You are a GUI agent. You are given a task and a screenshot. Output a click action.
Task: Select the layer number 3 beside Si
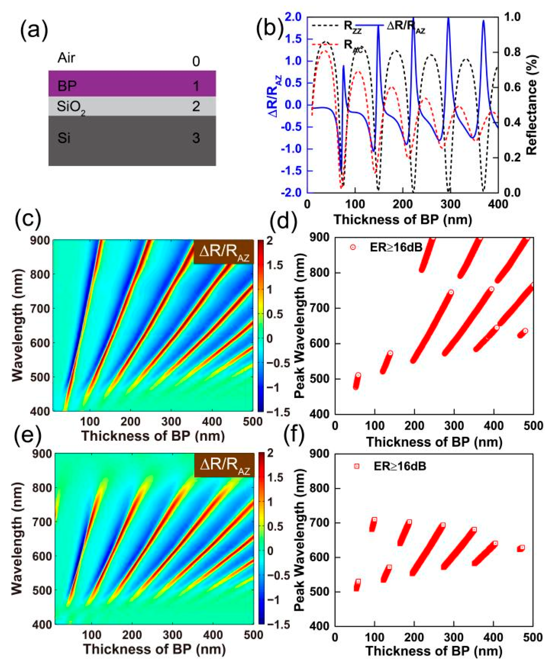(196, 138)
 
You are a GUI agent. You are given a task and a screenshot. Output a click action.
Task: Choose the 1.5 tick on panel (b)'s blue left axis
(294, 39)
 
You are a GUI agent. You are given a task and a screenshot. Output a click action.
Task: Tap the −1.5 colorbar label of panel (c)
(278, 412)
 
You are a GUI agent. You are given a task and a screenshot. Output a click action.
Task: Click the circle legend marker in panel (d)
(352, 247)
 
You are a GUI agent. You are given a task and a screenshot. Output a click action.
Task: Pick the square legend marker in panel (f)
(357, 466)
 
